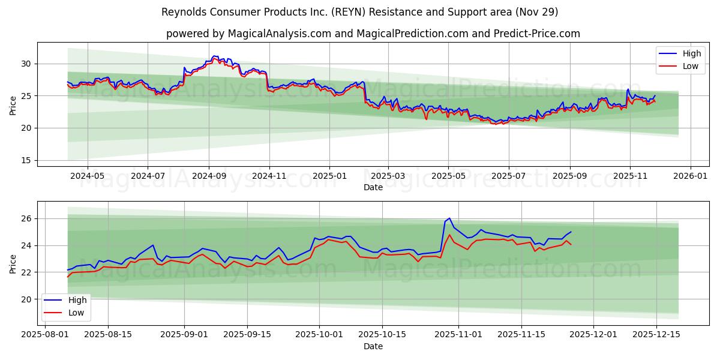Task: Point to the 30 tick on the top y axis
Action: coord(25,64)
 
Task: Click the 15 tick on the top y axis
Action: coord(25,160)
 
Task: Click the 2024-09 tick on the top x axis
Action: coord(209,176)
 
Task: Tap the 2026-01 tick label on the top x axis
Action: coord(690,176)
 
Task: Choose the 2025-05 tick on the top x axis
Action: coord(448,176)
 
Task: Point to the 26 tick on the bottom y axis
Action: coord(25,218)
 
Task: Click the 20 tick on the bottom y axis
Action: coord(25,299)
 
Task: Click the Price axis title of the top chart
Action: coord(13,106)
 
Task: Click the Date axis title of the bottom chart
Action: coord(373,346)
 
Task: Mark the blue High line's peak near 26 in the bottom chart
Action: coord(449,218)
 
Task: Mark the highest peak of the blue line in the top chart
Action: coord(214,56)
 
